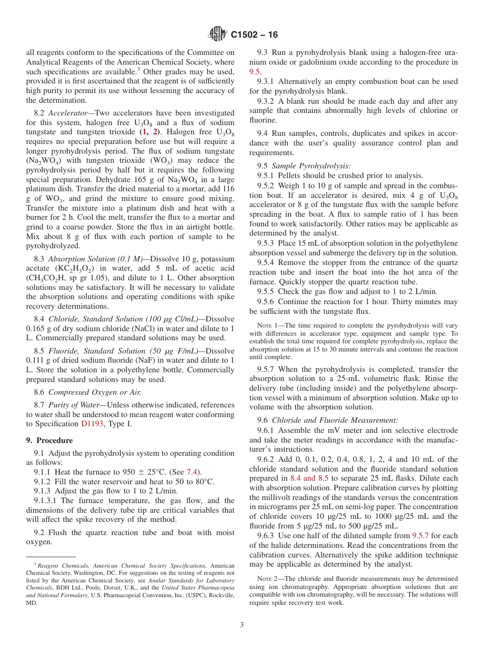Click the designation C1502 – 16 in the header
pyautogui.click(x=254, y=35)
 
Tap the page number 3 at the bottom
pyautogui.click(x=242, y=625)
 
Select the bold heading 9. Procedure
pyautogui.click(x=49, y=440)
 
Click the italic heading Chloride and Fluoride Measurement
pyautogui.click(x=335, y=420)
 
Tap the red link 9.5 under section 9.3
pyautogui.click(x=254, y=72)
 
